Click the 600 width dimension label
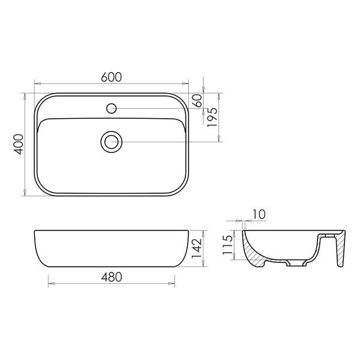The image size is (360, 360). coord(112,77)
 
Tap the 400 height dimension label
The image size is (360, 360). coord(19,144)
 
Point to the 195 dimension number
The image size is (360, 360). coord(212,117)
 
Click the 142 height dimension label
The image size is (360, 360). coord(197,248)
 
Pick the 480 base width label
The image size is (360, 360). coord(112,277)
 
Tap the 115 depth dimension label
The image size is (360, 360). coord(227,245)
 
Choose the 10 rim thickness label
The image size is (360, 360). coord(259,214)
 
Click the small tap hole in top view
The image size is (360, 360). coord(112,109)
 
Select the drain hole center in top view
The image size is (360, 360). coord(112,142)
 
